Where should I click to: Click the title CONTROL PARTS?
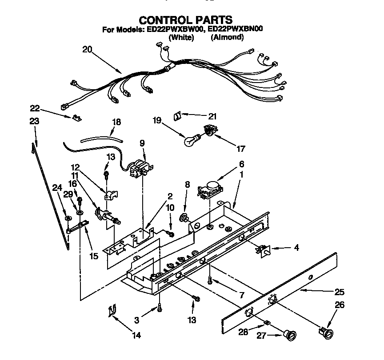pyautogui.click(x=185, y=20)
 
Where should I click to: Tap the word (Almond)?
pyautogui.click(x=227, y=38)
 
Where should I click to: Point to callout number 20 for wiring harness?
pyautogui.click(x=87, y=50)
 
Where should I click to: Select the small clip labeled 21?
pyautogui.click(x=176, y=115)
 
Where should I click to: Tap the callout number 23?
pyautogui.click(x=34, y=122)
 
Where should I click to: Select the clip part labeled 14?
pyautogui.click(x=111, y=312)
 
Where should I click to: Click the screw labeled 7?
pyautogui.click(x=210, y=279)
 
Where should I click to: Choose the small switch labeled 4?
pyautogui.click(x=265, y=251)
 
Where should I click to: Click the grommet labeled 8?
pyautogui.click(x=183, y=217)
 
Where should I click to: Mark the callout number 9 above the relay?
pyautogui.click(x=142, y=143)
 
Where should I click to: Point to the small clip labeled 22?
pyautogui.click(x=76, y=118)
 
